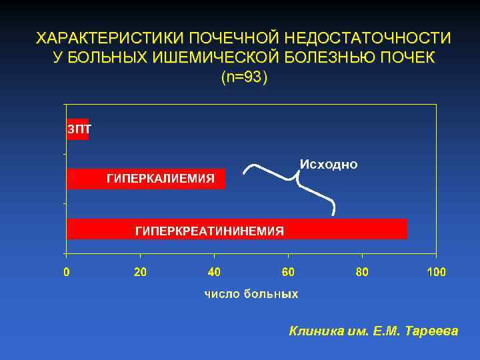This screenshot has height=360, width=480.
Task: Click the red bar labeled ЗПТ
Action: point(77,129)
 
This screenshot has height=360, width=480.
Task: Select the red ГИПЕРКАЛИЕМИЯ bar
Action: point(146,179)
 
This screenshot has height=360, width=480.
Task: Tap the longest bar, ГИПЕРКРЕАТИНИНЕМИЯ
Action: point(237,229)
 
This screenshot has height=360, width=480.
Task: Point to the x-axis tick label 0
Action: point(66,272)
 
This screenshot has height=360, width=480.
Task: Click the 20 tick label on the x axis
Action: point(140,272)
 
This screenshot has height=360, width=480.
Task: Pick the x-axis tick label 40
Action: point(214,272)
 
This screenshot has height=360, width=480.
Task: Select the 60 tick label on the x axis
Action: point(288,272)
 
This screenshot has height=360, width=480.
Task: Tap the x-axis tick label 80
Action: point(362,272)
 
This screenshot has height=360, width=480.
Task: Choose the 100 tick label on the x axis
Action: point(436,272)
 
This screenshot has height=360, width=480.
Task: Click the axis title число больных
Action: point(251,293)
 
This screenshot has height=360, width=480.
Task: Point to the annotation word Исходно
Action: point(329,164)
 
